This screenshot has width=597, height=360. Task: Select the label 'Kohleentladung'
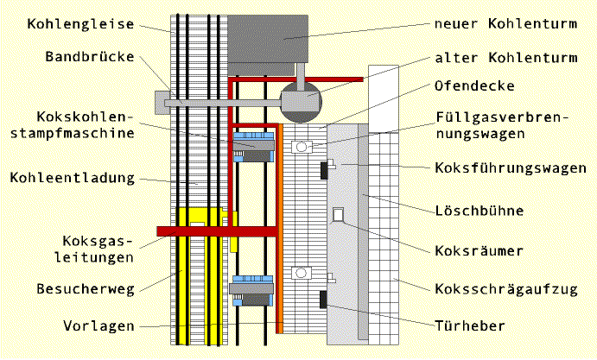click(73, 178)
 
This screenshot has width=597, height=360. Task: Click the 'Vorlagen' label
click(98, 326)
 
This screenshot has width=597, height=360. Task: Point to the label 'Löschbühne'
click(480, 211)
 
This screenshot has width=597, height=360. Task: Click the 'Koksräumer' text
click(479, 251)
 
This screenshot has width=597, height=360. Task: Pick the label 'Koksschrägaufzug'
click(506, 288)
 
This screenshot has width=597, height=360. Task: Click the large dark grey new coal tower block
click(267, 38)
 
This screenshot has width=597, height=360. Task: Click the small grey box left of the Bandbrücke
click(162, 102)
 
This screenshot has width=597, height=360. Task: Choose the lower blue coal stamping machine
click(253, 290)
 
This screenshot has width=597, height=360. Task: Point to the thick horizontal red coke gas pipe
click(216, 231)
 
